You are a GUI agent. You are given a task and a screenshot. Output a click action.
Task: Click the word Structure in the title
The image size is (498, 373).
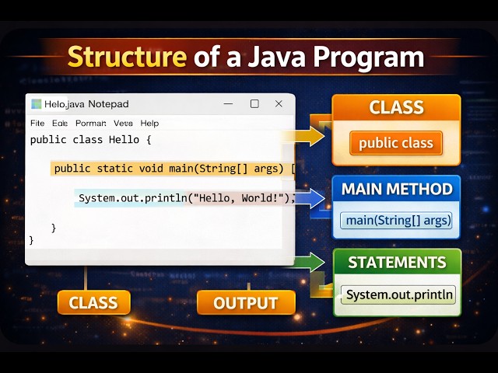tap(127, 58)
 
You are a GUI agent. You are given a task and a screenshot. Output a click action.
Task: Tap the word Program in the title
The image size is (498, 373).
tap(372, 58)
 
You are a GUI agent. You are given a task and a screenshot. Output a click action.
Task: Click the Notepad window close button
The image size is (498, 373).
tap(279, 104)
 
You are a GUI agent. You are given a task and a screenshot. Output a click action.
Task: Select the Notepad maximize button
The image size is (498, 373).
tap(254, 104)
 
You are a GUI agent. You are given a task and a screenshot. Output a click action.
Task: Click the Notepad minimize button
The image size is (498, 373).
tap(228, 104)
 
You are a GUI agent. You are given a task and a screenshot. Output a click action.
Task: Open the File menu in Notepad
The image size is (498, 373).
tap(37, 123)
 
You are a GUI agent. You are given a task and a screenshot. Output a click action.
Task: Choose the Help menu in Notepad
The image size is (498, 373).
tap(149, 123)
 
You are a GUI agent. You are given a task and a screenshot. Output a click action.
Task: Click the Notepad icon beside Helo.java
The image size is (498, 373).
tap(36, 104)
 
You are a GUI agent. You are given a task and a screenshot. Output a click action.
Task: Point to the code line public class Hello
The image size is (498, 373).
tap(90, 140)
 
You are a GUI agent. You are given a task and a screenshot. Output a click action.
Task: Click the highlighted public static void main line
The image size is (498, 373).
tap(171, 168)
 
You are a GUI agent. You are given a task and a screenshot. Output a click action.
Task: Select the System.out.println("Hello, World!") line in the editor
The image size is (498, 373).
tap(185, 198)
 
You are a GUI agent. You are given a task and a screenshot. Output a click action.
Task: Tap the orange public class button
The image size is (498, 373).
tap(395, 143)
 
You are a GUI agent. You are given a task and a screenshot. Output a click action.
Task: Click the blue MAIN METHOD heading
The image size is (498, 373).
tap(397, 189)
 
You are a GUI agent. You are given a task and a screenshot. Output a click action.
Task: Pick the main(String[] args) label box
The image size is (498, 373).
tap(398, 221)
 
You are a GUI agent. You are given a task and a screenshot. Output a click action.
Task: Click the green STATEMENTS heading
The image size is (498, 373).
tap(397, 263)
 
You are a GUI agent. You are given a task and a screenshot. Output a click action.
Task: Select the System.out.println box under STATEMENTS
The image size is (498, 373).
tap(399, 295)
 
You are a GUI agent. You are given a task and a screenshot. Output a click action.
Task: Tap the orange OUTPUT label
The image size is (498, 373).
tap(246, 303)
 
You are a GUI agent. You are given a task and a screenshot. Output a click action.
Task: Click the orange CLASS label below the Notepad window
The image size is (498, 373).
tap(93, 303)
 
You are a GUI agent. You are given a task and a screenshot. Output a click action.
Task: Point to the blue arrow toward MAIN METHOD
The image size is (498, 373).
tap(311, 199)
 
